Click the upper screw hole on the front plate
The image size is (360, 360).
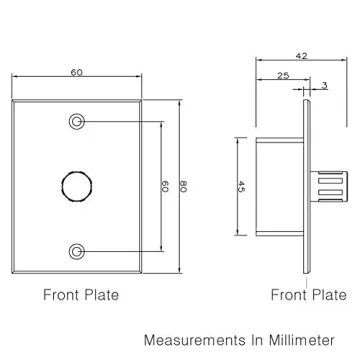(x=76, y=121)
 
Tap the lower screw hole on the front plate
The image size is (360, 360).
(x=76, y=251)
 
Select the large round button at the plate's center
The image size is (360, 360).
(x=77, y=186)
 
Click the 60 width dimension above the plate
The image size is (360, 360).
(x=76, y=72)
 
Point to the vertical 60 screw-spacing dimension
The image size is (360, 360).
(x=165, y=186)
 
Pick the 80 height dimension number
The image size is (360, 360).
(x=184, y=186)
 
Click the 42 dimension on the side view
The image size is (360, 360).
(x=302, y=56)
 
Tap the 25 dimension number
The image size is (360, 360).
(x=283, y=76)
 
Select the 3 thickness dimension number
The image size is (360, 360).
(x=324, y=86)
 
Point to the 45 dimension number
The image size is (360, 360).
(x=241, y=186)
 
